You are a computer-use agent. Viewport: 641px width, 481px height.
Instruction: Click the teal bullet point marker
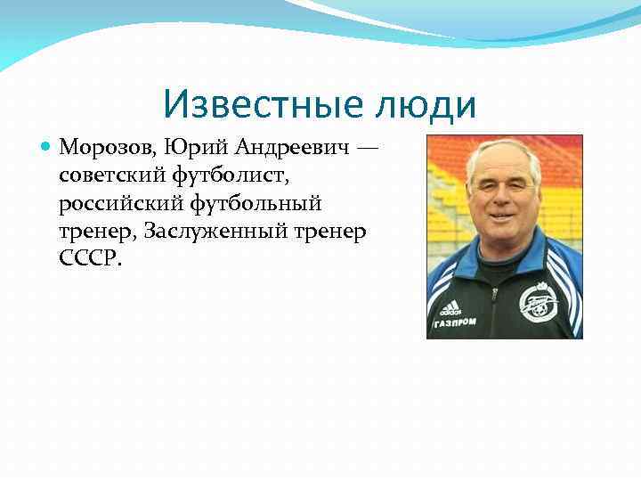pos(46,145)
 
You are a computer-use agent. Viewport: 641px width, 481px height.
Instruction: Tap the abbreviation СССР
pos(87,260)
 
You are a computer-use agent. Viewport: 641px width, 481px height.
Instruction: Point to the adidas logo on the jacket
pos(449,307)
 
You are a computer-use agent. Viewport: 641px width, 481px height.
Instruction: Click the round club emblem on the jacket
pos(538,302)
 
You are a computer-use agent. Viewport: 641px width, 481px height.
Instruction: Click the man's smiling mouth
pos(502,216)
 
